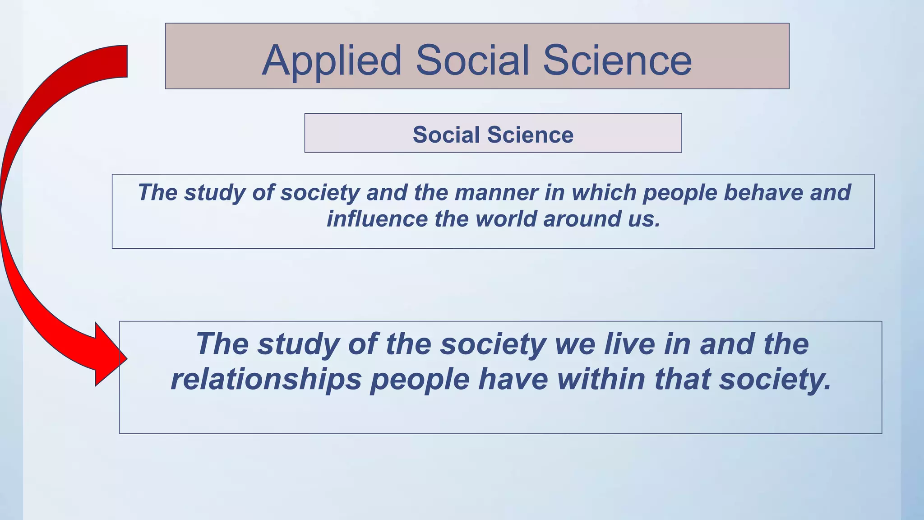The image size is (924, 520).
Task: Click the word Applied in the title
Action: (x=332, y=60)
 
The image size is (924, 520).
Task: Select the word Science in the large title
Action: (x=617, y=60)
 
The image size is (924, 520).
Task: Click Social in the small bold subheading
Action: (x=446, y=135)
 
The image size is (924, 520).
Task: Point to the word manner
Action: (x=496, y=192)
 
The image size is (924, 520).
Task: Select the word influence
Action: (x=377, y=219)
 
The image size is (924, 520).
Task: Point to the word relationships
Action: (x=266, y=379)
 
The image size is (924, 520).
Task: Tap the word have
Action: (x=513, y=379)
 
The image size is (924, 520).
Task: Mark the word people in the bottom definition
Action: (x=420, y=380)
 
